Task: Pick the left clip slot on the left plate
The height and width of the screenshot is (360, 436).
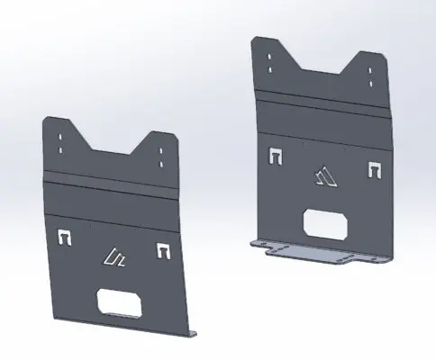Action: tap(64, 238)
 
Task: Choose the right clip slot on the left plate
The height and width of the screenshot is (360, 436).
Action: tap(163, 249)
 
